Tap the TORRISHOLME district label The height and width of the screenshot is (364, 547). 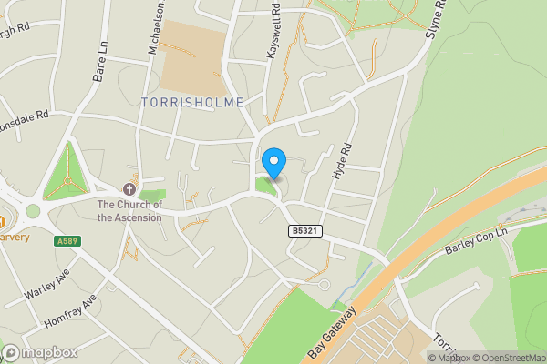pos(193,103)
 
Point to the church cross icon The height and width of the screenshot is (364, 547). pos(129,189)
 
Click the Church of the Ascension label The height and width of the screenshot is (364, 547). pos(129,211)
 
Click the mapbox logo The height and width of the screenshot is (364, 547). pos(38,352)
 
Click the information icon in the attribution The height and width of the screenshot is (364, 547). pos(432,358)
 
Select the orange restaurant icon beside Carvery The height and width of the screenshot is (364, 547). pos(3,221)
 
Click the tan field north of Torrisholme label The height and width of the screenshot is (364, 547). pos(193,55)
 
